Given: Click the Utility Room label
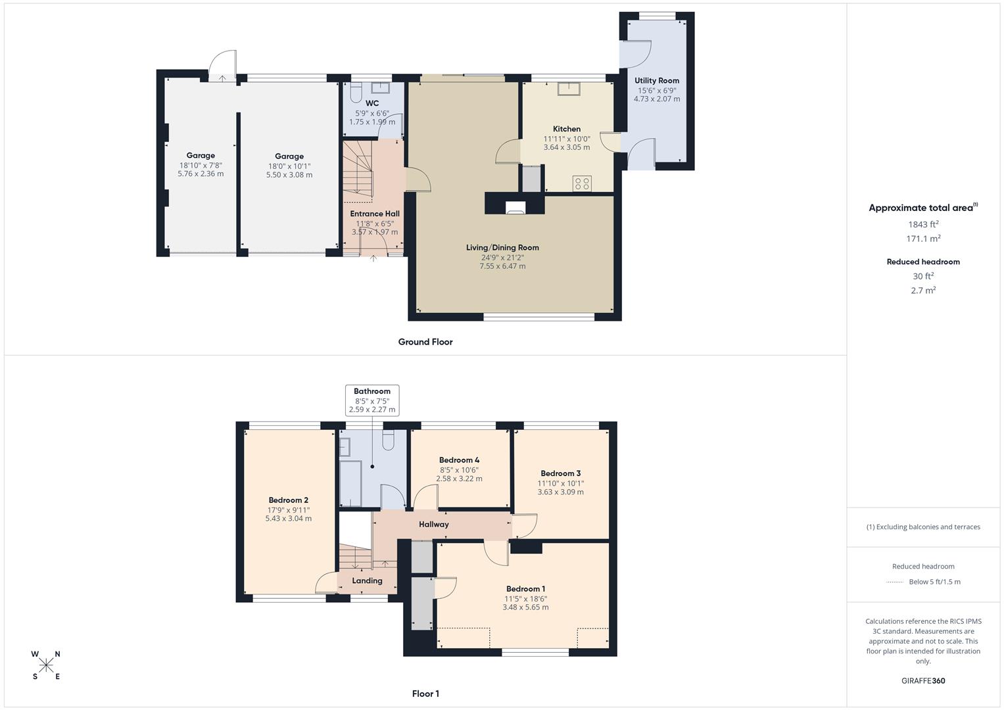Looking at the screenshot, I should (x=656, y=81).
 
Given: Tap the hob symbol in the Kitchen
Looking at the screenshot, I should (x=582, y=183).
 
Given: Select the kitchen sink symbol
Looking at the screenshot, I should (x=568, y=89).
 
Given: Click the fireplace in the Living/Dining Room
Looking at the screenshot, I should (x=515, y=208).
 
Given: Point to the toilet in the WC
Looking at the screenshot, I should (x=356, y=93).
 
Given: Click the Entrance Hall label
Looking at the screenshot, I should (x=374, y=214).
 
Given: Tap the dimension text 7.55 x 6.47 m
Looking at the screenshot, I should (x=502, y=266).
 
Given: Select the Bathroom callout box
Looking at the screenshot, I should (x=372, y=400).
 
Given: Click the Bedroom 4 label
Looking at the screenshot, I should (x=459, y=460).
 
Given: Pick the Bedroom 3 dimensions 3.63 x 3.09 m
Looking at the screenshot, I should (x=560, y=492).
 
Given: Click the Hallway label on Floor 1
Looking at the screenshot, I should (x=434, y=524).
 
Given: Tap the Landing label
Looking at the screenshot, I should (x=367, y=580).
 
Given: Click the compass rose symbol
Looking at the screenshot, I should (x=46, y=665).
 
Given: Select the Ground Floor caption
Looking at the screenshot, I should (x=425, y=342).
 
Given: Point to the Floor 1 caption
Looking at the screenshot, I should (x=425, y=694).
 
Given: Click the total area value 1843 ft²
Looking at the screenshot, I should (x=923, y=224).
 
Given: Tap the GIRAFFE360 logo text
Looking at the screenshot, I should (x=923, y=680).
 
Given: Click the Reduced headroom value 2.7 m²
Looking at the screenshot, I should (x=923, y=290).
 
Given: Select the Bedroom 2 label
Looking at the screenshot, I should (x=288, y=500).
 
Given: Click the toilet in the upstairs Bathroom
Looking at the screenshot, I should (x=388, y=440).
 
